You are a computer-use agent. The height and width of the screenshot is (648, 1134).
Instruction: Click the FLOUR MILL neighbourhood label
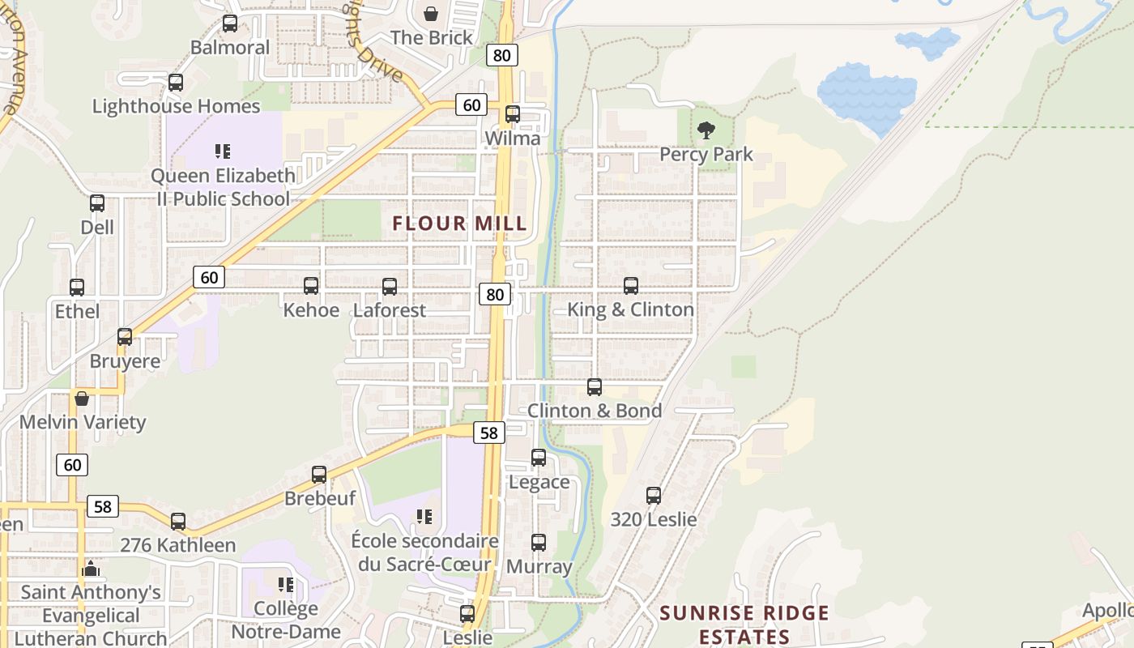click(x=459, y=224)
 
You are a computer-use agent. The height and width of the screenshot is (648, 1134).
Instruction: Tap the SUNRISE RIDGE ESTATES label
click(x=744, y=624)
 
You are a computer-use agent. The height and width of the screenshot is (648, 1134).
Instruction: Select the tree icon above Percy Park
click(x=706, y=130)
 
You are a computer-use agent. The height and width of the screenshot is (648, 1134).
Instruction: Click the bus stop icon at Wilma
click(x=513, y=114)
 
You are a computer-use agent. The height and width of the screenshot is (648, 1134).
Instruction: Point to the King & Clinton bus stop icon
click(x=631, y=286)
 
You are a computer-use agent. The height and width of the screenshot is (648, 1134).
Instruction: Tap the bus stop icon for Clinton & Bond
click(x=595, y=387)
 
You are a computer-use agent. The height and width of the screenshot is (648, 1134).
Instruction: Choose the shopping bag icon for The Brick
click(x=431, y=14)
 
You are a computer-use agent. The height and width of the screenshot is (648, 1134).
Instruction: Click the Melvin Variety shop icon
click(x=82, y=399)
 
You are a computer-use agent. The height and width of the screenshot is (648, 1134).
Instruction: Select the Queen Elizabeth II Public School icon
click(x=223, y=151)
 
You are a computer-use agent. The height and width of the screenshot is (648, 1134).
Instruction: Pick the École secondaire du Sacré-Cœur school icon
click(x=424, y=517)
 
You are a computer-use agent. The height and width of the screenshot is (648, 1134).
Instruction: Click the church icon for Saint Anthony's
click(x=91, y=569)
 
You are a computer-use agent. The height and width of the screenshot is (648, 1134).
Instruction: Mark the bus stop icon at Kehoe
click(x=311, y=286)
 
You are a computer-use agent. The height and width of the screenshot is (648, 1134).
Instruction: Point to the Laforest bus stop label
click(x=390, y=310)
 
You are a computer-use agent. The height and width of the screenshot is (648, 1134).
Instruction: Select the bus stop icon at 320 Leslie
click(x=654, y=496)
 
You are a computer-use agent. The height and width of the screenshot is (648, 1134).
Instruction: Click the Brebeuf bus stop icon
click(x=319, y=475)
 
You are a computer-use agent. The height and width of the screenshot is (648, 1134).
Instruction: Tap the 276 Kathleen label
click(x=178, y=545)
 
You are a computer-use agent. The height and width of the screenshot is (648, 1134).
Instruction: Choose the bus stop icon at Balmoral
click(x=230, y=23)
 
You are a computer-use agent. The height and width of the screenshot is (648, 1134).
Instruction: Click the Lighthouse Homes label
click(x=176, y=106)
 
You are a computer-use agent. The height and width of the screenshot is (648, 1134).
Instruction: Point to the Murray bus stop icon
click(x=539, y=543)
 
